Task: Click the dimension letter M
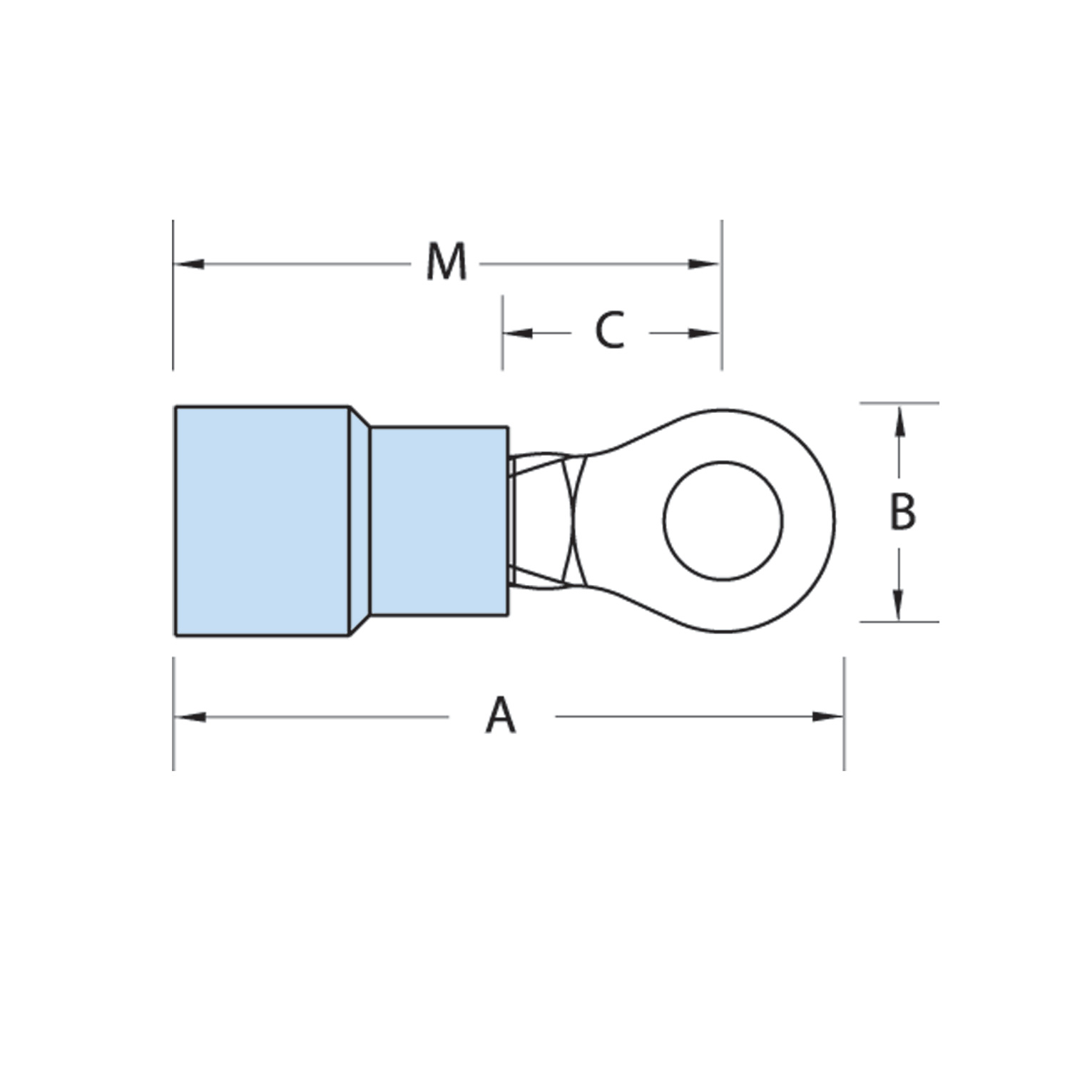[x=447, y=262]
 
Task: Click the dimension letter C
[x=610, y=331]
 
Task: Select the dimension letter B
[x=902, y=511]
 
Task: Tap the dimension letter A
[x=501, y=715]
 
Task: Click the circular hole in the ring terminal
[x=723, y=521]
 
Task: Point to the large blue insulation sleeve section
[x=262, y=521]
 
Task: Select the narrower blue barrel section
[x=439, y=521]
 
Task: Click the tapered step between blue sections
[x=359, y=521]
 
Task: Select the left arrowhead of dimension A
[x=189, y=716]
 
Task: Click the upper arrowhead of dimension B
[x=900, y=421]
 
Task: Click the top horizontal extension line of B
[x=899, y=403]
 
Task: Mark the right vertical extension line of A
[x=845, y=713]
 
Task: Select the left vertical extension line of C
[x=502, y=333]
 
